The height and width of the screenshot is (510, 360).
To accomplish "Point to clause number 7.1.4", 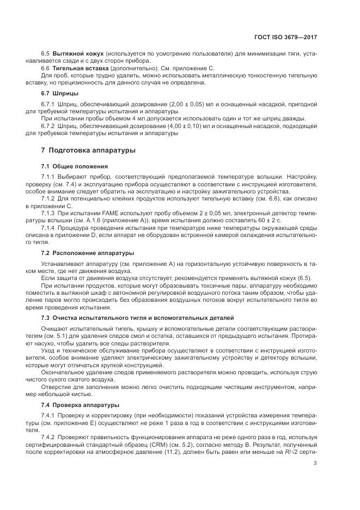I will pyautogui.click(x=50, y=227).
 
